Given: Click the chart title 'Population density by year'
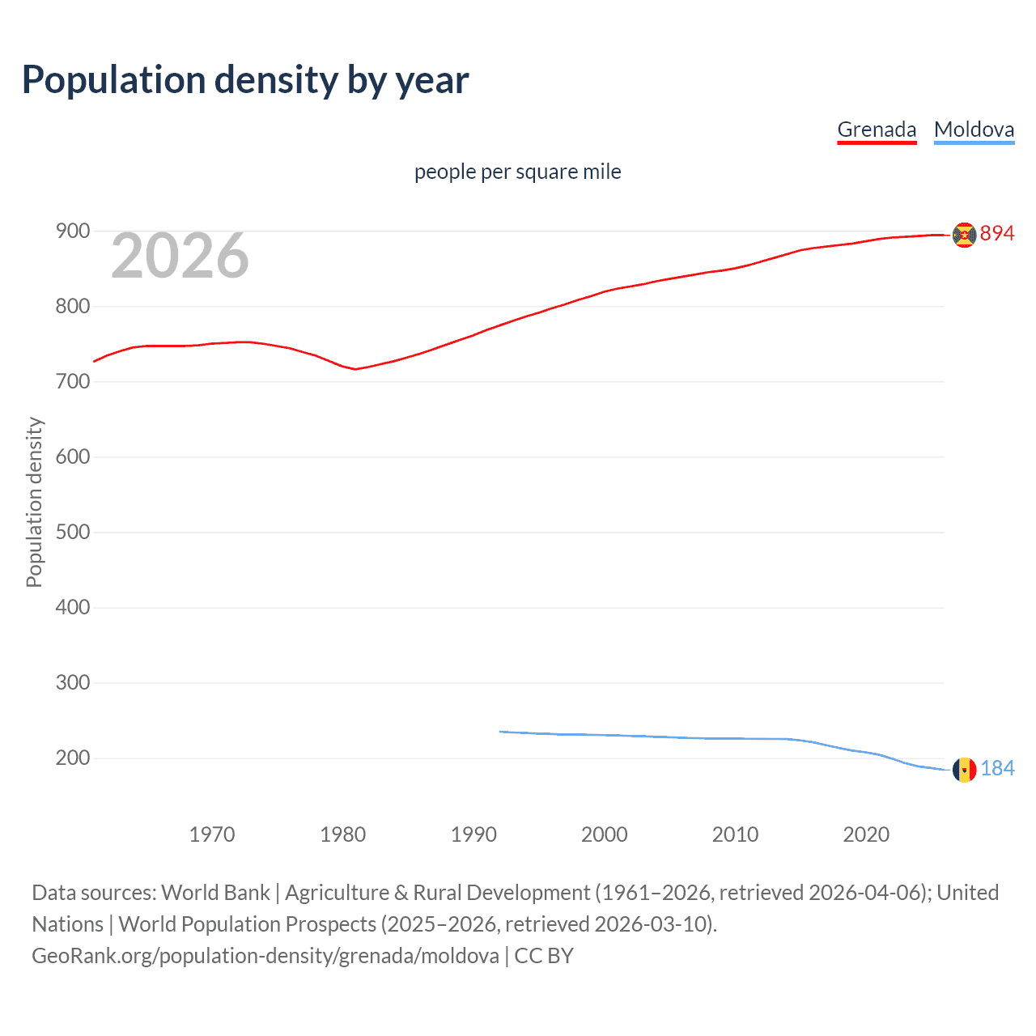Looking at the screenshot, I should pyautogui.click(x=245, y=80).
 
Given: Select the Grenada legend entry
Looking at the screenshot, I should pyautogui.click(x=877, y=129).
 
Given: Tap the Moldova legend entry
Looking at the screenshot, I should pyautogui.click(x=974, y=129).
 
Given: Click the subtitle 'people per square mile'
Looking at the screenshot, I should pyautogui.click(x=517, y=172).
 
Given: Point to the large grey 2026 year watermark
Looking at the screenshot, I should pyautogui.click(x=180, y=256).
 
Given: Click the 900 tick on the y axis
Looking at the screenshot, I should pyautogui.click(x=72, y=231).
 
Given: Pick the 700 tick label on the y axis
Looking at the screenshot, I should pyautogui.click(x=72, y=382).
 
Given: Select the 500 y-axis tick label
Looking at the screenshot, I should pyautogui.click(x=72, y=533).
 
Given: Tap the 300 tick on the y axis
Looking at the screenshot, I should pyautogui.click(x=72, y=683).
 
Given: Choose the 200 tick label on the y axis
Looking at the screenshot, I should pyautogui.click(x=72, y=758).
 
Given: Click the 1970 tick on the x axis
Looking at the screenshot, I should pyautogui.click(x=212, y=834).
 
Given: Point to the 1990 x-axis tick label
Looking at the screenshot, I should pyautogui.click(x=473, y=834).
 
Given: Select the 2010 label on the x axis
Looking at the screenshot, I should pyautogui.click(x=735, y=834).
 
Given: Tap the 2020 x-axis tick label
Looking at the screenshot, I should pyautogui.click(x=866, y=834).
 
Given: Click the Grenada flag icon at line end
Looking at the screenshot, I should pyautogui.click(x=964, y=235).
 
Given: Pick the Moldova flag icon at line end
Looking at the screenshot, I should pyautogui.click(x=964, y=770).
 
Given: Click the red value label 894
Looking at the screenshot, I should pyautogui.click(x=997, y=234).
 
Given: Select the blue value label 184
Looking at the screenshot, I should pyautogui.click(x=997, y=769).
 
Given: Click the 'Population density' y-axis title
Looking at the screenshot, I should pyautogui.click(x=34, y=502).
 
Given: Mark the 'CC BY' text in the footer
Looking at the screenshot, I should pyautogui.click(x=544, y=956).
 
